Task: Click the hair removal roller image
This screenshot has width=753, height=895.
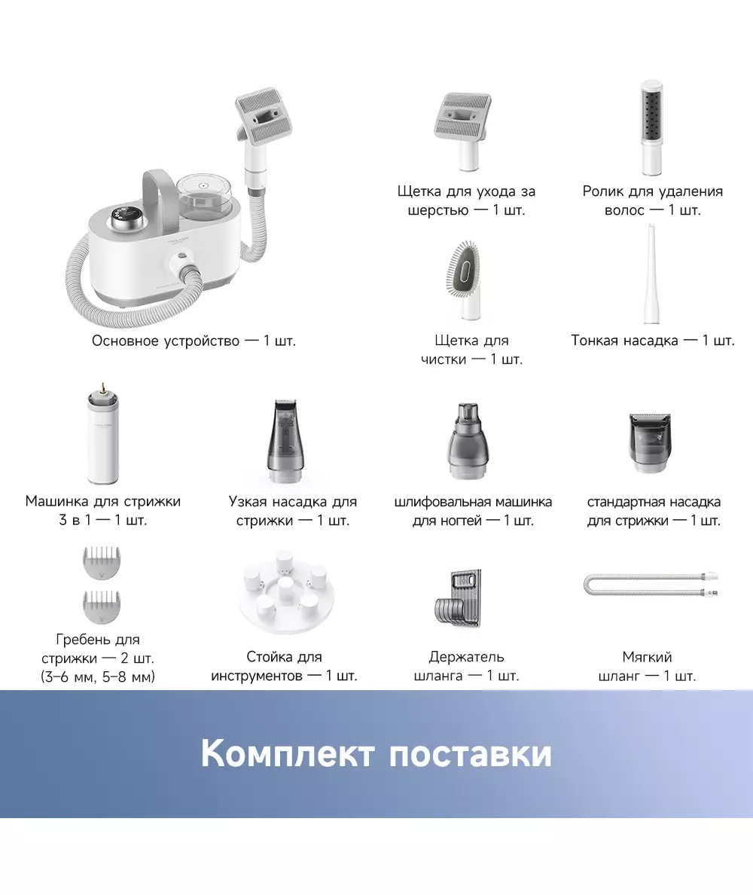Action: pos(652,127)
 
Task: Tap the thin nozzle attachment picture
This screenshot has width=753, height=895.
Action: pos(651,274)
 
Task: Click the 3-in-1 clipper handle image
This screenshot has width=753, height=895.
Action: pos(102,435)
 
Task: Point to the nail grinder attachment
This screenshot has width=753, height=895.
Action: pos(467,440)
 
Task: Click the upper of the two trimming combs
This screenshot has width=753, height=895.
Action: pos(102,563)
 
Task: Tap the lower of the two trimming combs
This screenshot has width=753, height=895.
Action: pos(102,606)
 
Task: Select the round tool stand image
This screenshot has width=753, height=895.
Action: pos(286,592)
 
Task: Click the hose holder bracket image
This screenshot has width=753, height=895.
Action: pos(458,597)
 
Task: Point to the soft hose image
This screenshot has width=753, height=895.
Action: pos(651,585)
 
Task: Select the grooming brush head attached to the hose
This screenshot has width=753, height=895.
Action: pos(260,116)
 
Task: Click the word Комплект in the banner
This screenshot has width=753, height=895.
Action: pos(288,753)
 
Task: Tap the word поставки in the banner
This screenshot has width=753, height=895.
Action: pos(471,753)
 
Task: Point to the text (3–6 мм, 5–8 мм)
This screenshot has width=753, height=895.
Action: pos(98,677)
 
